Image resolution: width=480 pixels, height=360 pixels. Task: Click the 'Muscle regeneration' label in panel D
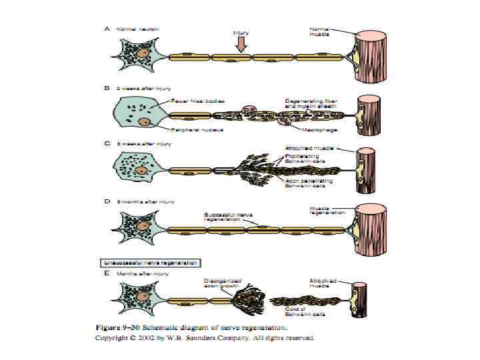pyautogui.click(x=327, y=210)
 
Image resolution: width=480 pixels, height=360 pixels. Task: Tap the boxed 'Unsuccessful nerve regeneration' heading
pyautogui.click(x=151, y=263)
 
